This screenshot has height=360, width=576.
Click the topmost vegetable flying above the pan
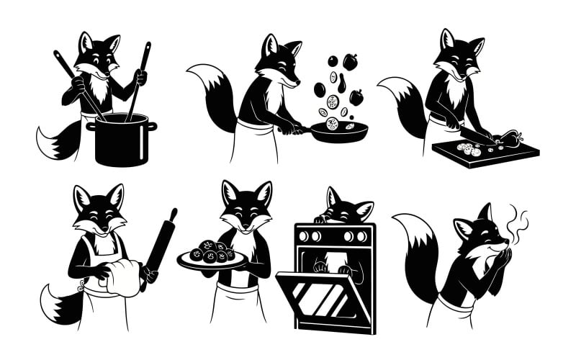coord(350,62)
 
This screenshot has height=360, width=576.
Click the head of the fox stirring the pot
coord(100,56)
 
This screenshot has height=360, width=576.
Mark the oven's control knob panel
coord(336,235)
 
